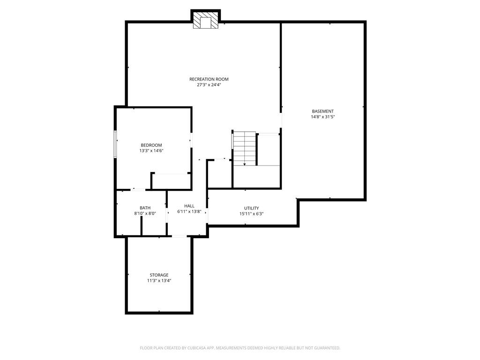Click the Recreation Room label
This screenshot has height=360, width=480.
[x=209, y=79]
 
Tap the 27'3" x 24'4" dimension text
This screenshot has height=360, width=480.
[x=209, y=85]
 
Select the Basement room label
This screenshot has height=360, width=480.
[x=322, y=112]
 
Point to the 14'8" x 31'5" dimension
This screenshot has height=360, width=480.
[x=322, y=117]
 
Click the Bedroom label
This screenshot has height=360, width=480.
[x=151, y=145]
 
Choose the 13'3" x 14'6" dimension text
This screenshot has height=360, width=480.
[x=151, y=150]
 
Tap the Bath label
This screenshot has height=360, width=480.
[x=145, y=208]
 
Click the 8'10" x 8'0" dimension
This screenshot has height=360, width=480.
[x=145, y=213]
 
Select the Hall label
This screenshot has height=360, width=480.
[x=189, y=206]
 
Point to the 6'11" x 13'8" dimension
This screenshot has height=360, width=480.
[x=189, y=211]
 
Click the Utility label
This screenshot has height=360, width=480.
[x=251, y=208]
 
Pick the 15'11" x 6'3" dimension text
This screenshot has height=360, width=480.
[x=251, y=214]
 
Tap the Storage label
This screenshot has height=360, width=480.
[x=159, y=275]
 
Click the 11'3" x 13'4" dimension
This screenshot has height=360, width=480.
[x=159, y=280]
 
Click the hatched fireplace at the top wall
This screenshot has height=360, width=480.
[x=205, y=20]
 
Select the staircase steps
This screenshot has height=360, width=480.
[x=245, y=149]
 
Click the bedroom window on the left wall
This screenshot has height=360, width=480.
[x=115, y=144]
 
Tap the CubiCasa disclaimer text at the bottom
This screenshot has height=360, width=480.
[x=240, y=348]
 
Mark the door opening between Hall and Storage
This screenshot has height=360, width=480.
[x=179, y=236]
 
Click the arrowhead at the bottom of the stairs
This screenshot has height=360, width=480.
[x=244, y=165]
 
